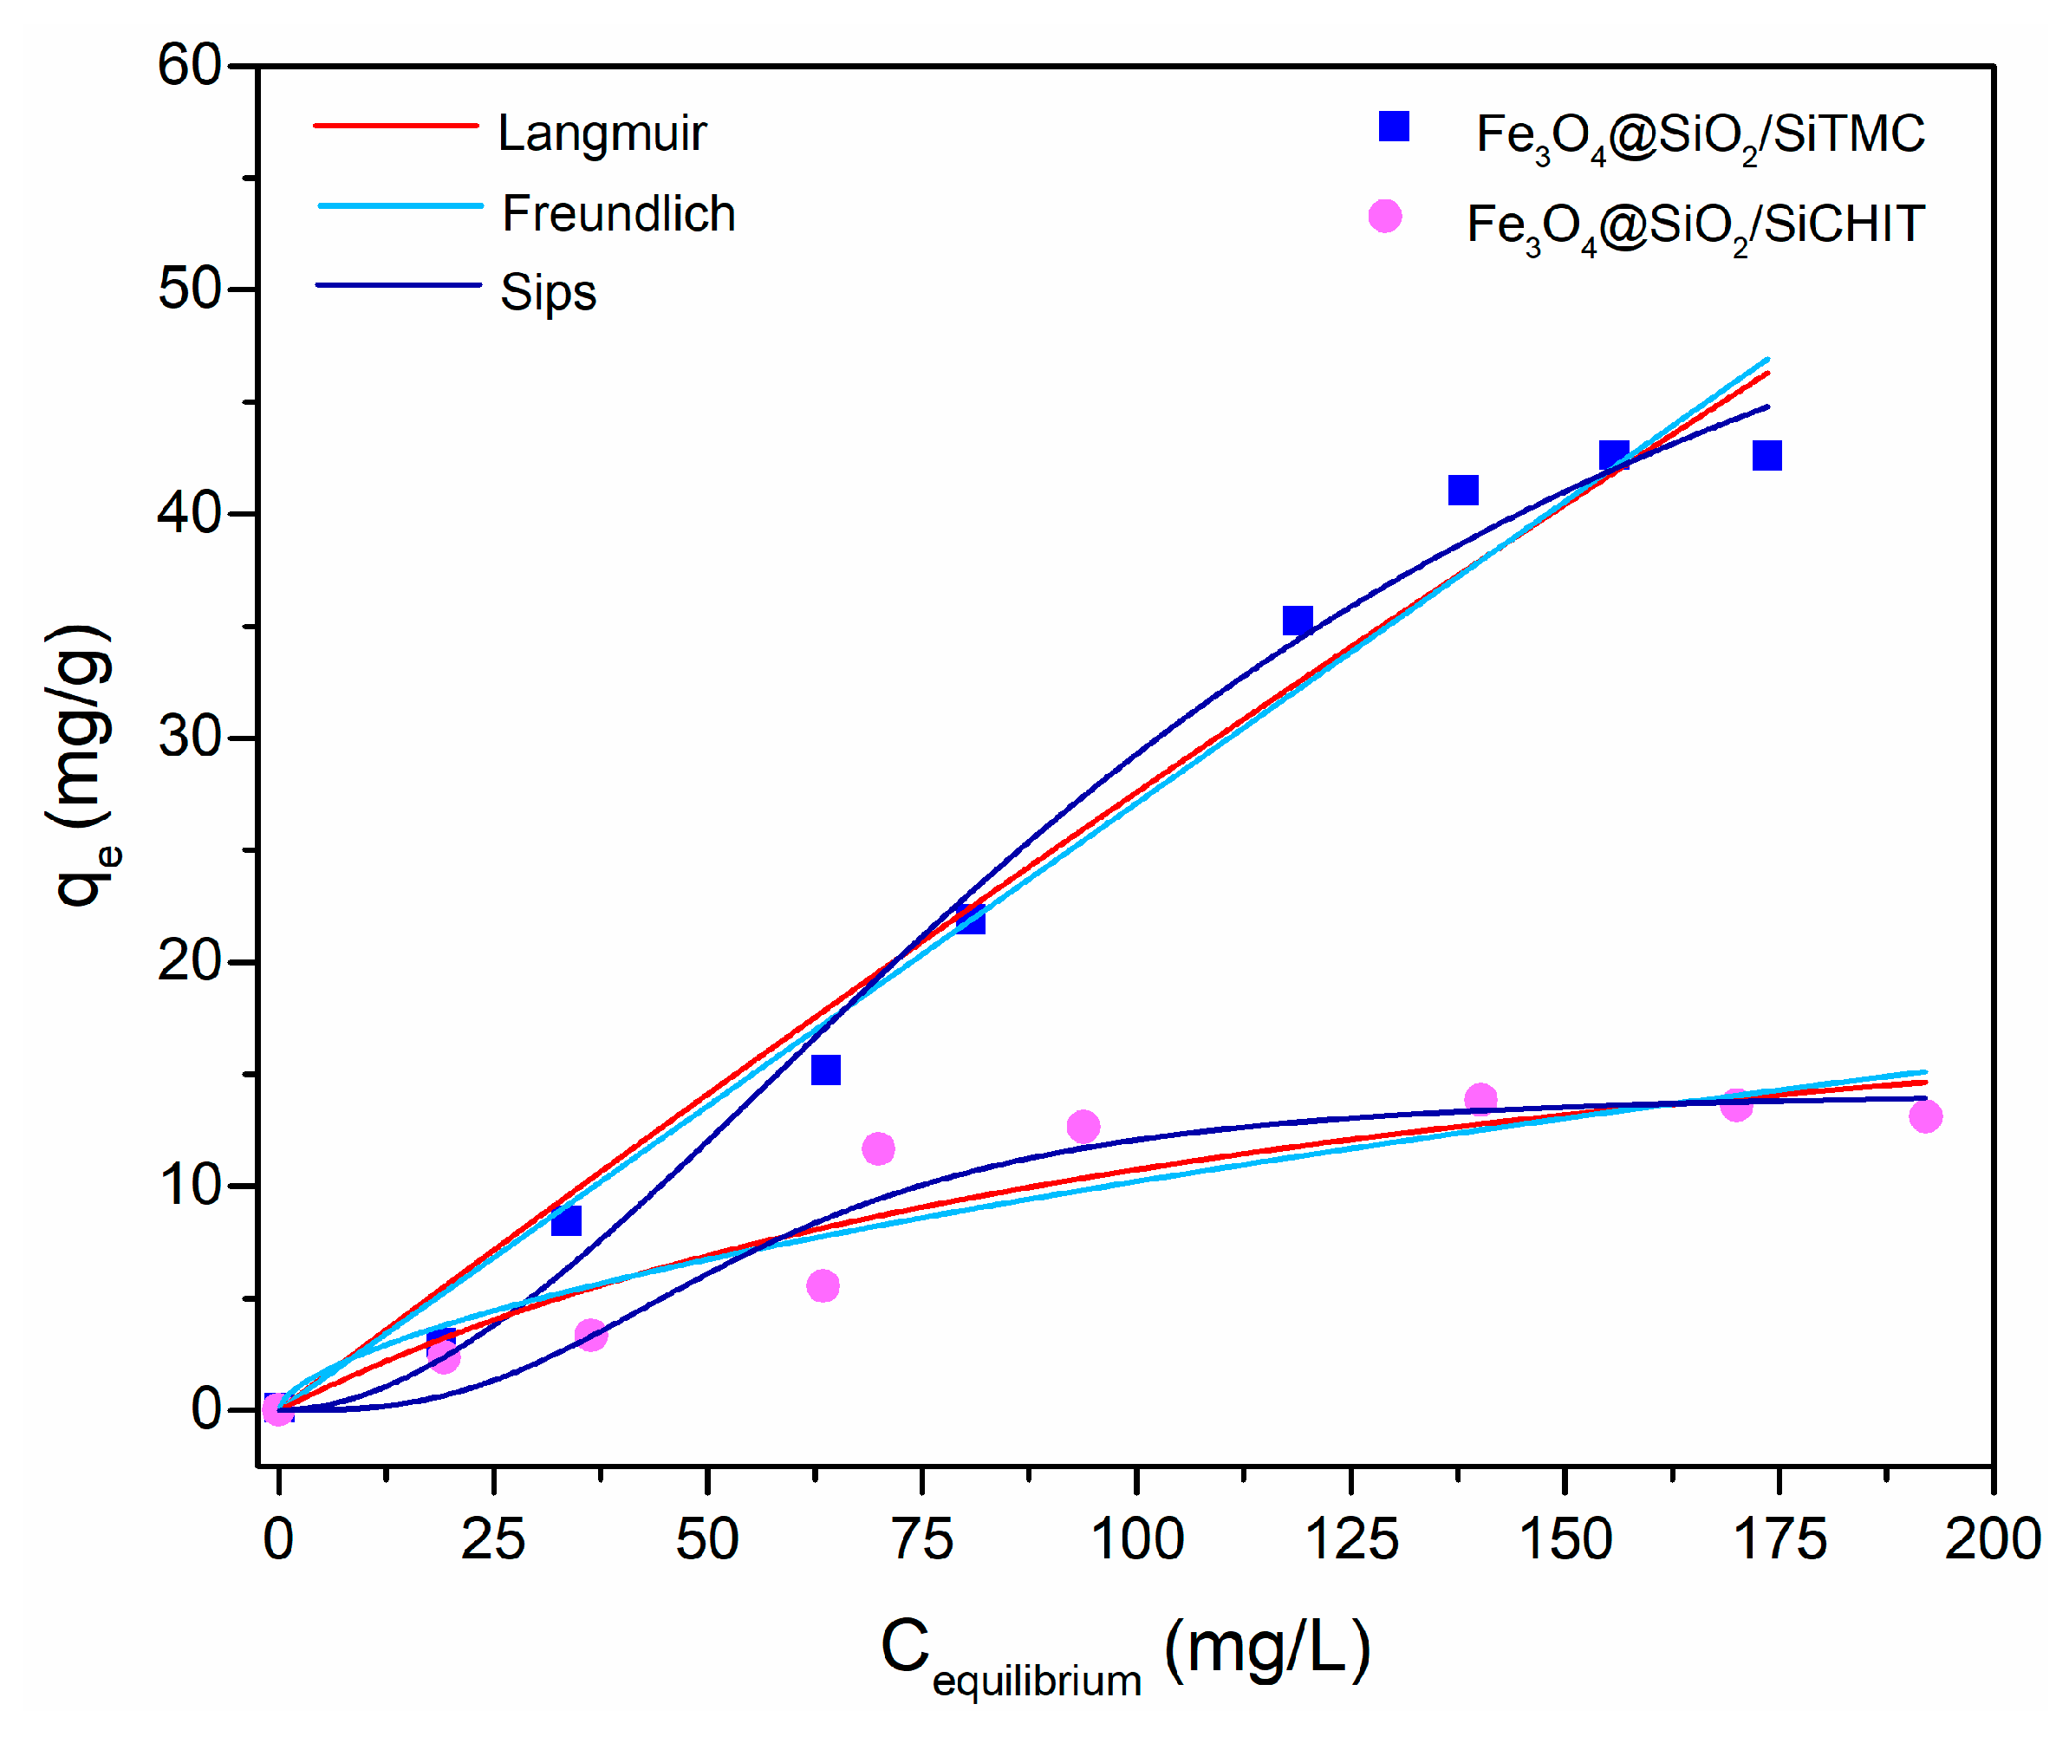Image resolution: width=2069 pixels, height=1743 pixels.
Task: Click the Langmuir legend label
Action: pyautogui.click(x=601, y=133)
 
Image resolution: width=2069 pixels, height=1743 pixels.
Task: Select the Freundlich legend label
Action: pyautogui.click(x=619, y=214)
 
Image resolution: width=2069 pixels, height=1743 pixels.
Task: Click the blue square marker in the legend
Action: pyautogui.click(x=1393, y=127)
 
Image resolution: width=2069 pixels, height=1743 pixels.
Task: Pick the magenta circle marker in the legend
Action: pyautogui.click(x=1384, y=217)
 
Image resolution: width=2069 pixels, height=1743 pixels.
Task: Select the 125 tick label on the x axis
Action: pyautogui.click(x=1350, y=1539)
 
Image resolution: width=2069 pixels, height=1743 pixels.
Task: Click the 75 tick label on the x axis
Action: pyautogui.click(x=922, y=1539)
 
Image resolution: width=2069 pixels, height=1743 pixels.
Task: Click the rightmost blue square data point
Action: pyautogui.click(x=1766, y=456)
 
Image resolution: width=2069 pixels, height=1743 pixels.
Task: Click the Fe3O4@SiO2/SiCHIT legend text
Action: pyautogui.click(x=1695, y=225)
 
